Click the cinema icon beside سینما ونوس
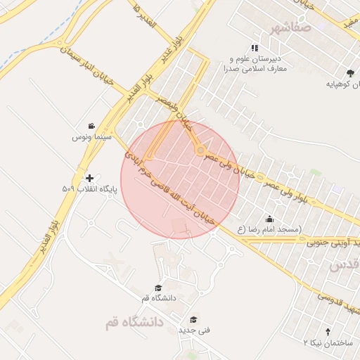tap(92, 126)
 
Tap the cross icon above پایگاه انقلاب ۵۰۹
tap(89, 178)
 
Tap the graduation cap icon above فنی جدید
tap(194, 319)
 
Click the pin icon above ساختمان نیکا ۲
tap(328, 331)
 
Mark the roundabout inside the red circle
tap(200, 150)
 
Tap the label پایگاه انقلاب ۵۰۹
tap(88, 189)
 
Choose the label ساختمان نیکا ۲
tap(326, 342)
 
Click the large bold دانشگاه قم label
tap(134, 322)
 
